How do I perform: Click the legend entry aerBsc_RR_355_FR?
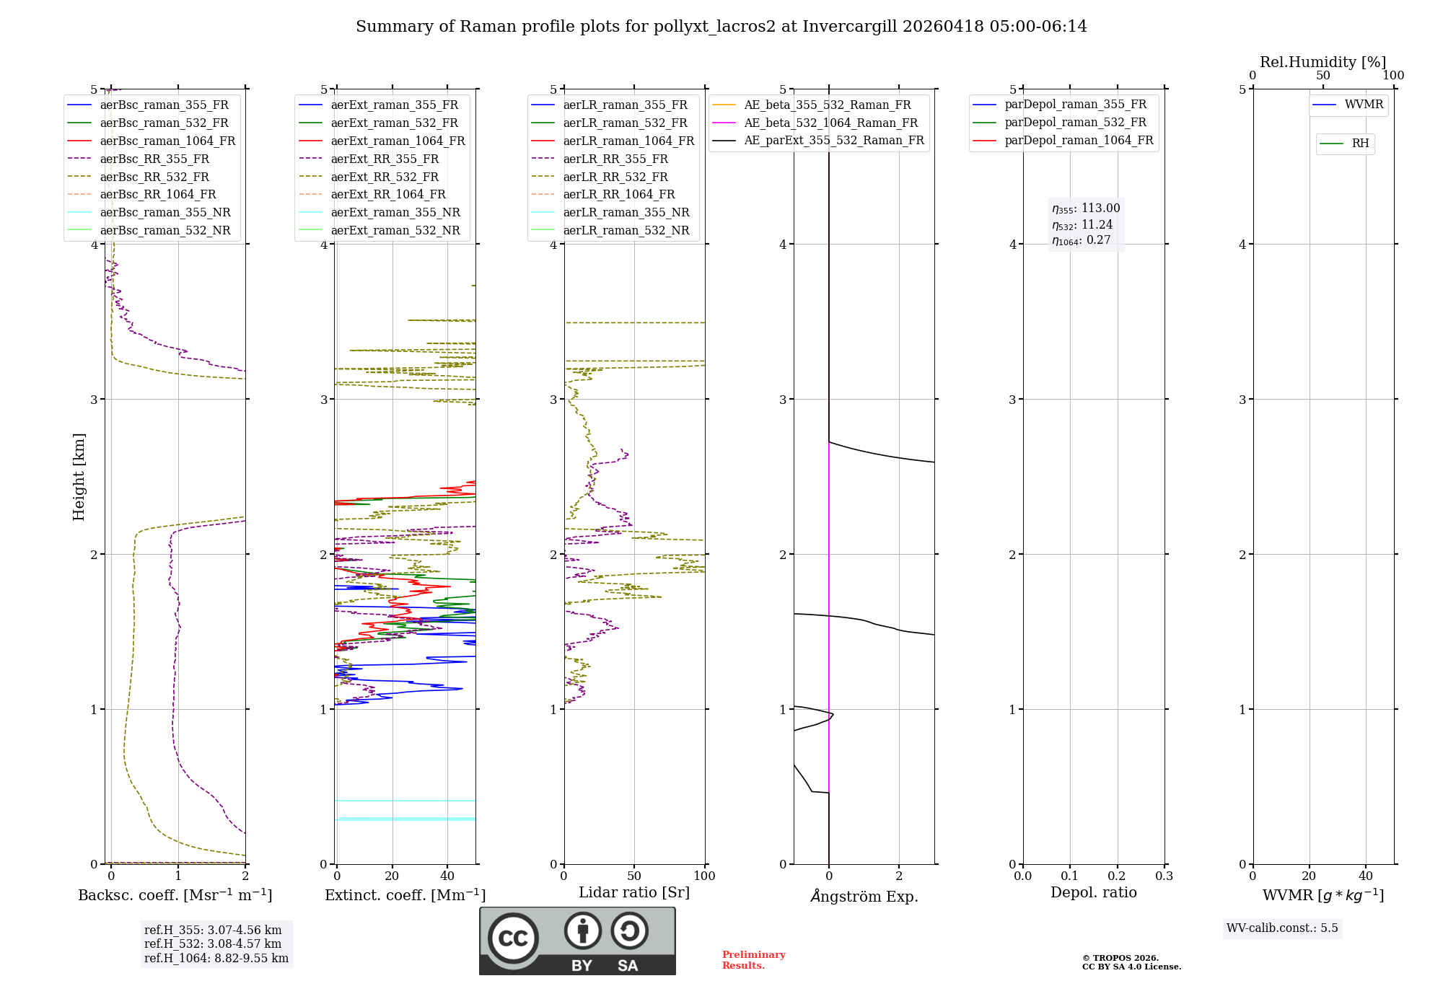154,159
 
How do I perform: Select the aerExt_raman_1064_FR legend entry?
398,141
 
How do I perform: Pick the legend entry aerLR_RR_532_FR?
615,177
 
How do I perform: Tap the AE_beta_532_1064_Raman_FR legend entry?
830,123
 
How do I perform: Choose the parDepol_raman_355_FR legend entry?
1075,105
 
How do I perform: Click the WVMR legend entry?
1364,105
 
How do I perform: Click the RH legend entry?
1360,144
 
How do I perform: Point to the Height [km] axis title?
79,477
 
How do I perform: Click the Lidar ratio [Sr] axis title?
634,892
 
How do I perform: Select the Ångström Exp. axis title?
864,896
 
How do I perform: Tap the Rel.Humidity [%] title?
1323,62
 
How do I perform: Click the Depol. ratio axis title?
1093,892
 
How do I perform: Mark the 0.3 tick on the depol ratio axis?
1164,876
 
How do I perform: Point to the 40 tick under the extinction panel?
447,876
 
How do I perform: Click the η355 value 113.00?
1100,208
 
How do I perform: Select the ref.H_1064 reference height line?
216,958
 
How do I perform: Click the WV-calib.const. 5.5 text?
1282,928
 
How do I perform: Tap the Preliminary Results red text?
753,960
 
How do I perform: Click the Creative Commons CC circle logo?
513,938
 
